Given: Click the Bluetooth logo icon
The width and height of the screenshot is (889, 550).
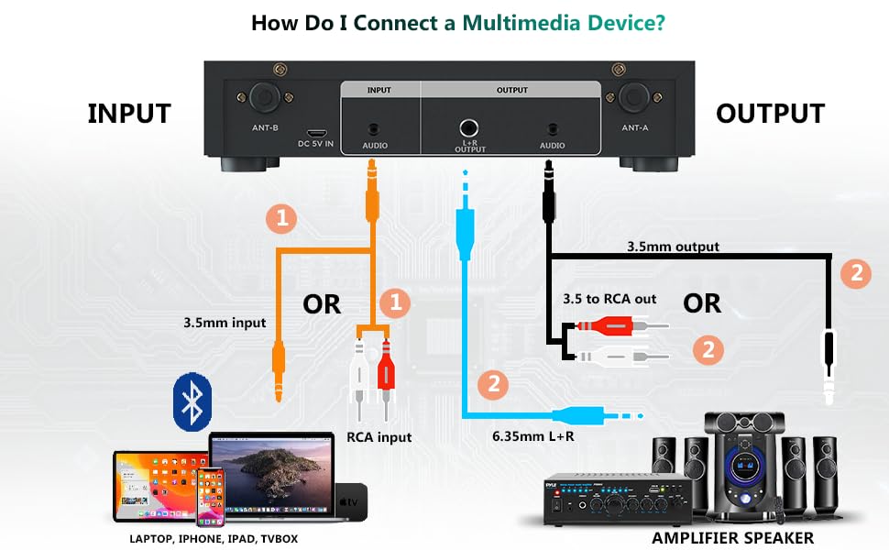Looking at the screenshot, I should coord(192,401).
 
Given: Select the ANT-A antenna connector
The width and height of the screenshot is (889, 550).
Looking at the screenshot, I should coord(633,97).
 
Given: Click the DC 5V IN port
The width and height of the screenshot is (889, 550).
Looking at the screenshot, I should coord(315,132).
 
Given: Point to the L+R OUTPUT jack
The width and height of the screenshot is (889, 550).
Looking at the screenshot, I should coord(468,128).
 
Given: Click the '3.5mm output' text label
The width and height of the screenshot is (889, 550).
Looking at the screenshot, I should coord(673,247).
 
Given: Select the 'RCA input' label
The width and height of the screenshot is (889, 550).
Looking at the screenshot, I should coord(379,437).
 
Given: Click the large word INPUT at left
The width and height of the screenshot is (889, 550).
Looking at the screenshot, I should coord(129,114).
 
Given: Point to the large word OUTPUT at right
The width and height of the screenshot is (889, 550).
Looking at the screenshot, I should coord(770,114).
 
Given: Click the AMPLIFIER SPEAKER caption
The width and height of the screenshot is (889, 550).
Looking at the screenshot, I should coord(732,538).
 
